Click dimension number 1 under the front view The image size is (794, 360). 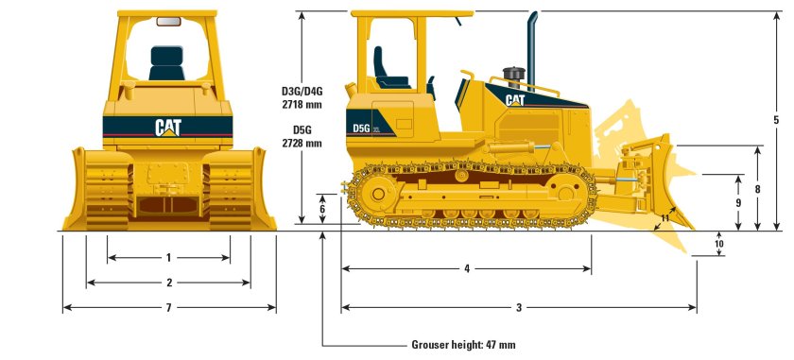click(168, 257)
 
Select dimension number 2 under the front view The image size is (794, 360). click(168, 283)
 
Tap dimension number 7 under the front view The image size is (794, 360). click(168, 308)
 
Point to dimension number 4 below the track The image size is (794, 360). click(467, 268)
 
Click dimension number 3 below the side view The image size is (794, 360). click(519, 307)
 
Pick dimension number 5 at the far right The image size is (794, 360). click(776, 120)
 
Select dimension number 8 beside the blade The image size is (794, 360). click(757, 189)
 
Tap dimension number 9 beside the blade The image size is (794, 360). click(738, 202)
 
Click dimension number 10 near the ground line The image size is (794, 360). click(718, 244)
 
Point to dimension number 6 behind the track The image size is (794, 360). click(322, 209)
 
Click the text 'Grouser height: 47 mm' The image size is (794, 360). click(463, 345)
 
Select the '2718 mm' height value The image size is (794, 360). click(302, 105)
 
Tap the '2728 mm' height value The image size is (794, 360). click(302, 143)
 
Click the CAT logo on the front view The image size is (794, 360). click(168, 127)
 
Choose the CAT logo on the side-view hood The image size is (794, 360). click(515, 99)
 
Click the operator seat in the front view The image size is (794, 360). click(167, 63)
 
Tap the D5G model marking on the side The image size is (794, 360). click(361, 129)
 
